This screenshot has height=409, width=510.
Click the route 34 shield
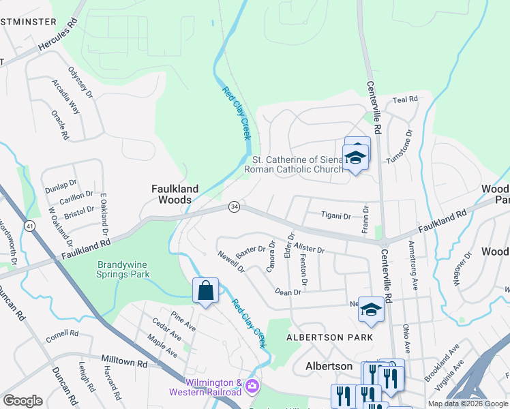(234, 206)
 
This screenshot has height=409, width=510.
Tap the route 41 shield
(29, 224)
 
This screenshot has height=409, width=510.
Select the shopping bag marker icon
(205, 291)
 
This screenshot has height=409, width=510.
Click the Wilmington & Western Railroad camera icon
(252, 387)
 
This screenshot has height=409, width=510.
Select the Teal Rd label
(405, 100)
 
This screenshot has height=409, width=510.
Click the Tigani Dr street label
(336, 216)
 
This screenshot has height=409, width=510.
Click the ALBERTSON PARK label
(329, 337)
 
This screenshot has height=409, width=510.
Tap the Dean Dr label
(288, 292)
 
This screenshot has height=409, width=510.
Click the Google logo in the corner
(22, 401)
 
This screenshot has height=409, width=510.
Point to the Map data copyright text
(468, 404)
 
